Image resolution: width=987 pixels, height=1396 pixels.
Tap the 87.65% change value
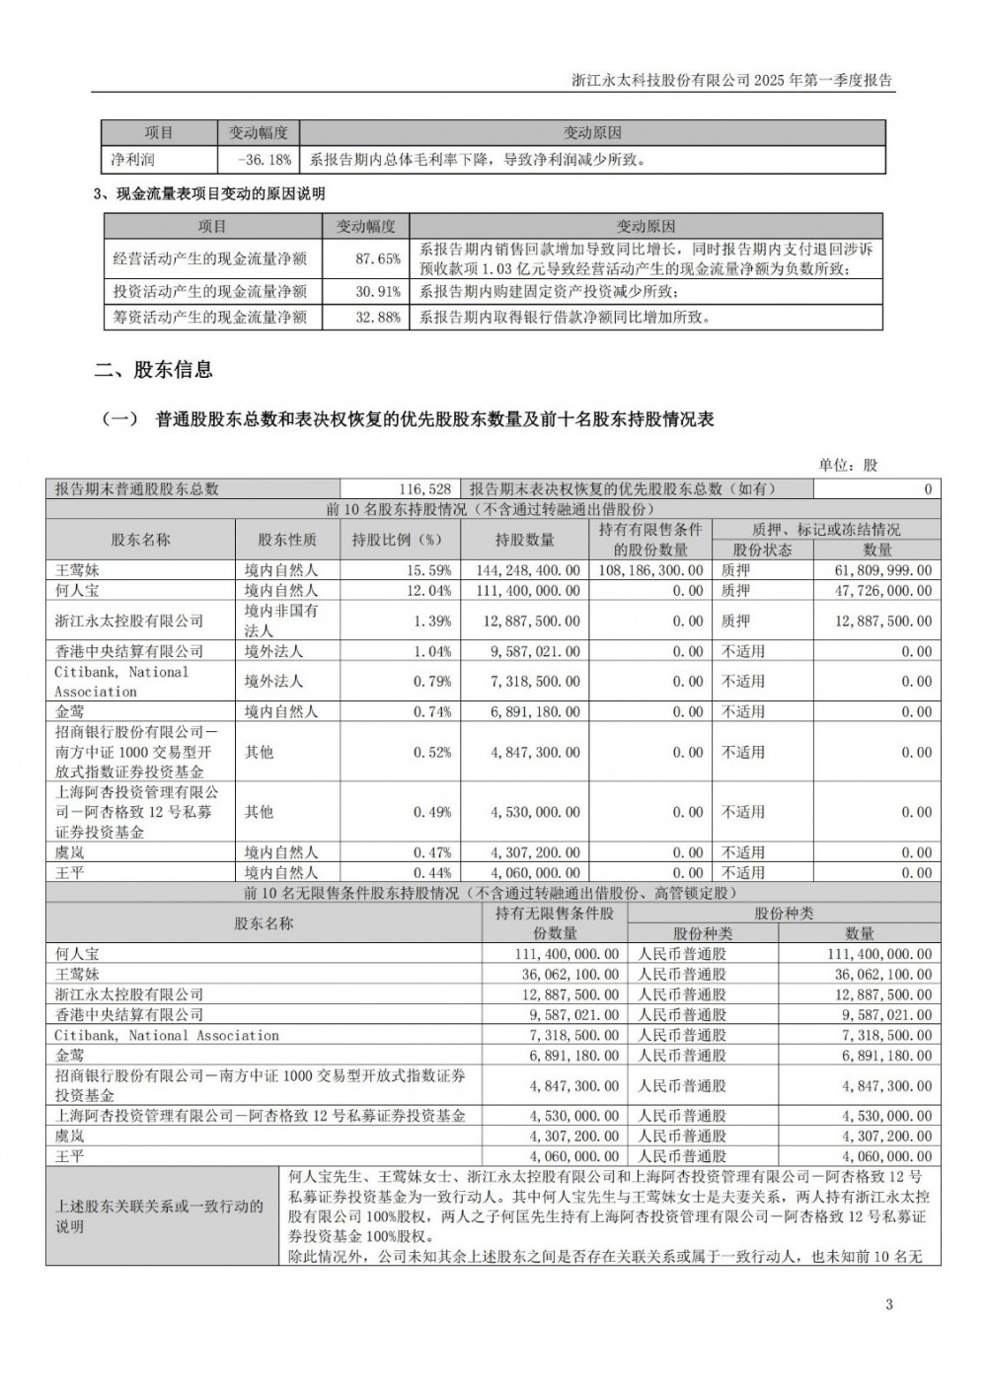pyautogui.click(x=378, y=259)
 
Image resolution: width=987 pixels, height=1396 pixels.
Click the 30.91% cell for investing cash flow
pyautogui.click(x=378, y=291)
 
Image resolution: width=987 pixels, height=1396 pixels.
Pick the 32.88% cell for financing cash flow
pyautogui.click(x=378, y=317)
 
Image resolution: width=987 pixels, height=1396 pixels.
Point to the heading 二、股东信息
pyautogui.click(x=153, y=371)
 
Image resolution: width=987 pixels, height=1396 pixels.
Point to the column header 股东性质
pyautogui.click(x=287, y=540)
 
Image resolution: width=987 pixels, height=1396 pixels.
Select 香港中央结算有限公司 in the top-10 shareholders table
pyautogui.click(x=129, y=651)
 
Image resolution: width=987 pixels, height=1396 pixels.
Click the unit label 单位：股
pyautogui.click(x=848, y=465)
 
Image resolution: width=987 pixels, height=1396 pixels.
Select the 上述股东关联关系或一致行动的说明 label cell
pyautogui.click(x=160, y=1215)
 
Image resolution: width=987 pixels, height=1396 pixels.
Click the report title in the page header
pyautogui.click(x=732, y=81)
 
